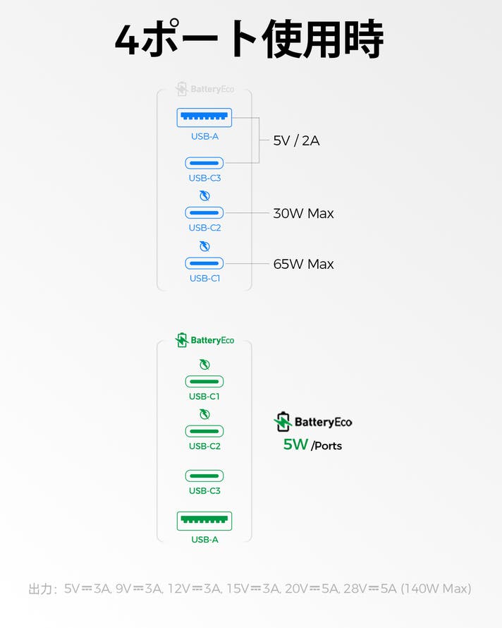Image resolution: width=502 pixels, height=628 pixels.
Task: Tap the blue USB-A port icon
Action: pyautogui.click(x=204, y=117)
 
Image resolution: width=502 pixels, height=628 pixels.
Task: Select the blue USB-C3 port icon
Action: pyautogui.click(x=204, y=163)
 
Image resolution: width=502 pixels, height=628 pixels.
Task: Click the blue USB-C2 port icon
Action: pyautogui.click(x=204, y=212)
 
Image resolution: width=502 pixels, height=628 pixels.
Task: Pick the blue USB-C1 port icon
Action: pyautogui.click(x=204, y=263)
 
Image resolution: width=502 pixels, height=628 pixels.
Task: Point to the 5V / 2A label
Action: pyautogui.click(x=296, y=140)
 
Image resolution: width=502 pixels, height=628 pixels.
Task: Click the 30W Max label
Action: pyautogui.click(x=303, y=213)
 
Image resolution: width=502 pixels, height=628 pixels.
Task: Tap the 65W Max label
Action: pyautogui.click(x=303, y=264)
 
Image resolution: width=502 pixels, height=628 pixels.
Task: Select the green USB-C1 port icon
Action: pyautogui.click(x=204, y=382)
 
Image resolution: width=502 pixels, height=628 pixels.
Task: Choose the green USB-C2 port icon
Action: pyautogui.click(x=204, y=431)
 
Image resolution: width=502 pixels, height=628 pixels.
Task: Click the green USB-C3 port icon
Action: pyautogui.click(x=204, y=476)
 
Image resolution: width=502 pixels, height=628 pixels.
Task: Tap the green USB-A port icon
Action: pyautogui.click(x=204, y=521)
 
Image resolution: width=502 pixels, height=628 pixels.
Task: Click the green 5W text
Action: pyautogui.click(x=295, y=445)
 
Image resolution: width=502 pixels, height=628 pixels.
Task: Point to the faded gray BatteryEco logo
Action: pyautogui.click(x=204, y=90)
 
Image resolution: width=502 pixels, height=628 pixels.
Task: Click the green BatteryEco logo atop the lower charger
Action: pyautogui.click(x=204, y=340)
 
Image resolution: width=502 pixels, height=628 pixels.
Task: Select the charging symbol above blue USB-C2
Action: pyautogui.click(x=204, y=195)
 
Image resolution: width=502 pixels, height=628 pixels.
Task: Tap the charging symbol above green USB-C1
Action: pyautogui.click(x=204, y=365)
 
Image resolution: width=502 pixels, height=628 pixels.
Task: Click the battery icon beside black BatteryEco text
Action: pyautogui.click(x=283, y=422)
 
